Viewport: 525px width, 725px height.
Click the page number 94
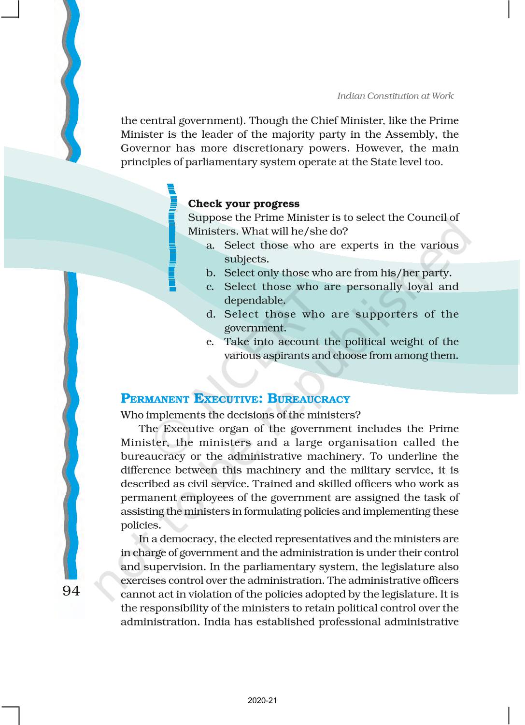coord(71,591)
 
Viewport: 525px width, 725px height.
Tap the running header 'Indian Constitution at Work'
coord(395,96)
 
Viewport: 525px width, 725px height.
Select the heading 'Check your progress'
coord(243,203)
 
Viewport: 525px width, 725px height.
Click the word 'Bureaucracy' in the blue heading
coord(309,399)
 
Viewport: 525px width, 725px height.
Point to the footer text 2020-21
coord(262,700)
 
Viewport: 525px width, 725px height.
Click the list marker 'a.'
coord(211,246)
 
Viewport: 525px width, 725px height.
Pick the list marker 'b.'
coord(211,273)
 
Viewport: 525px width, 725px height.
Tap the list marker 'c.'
coord(210,287)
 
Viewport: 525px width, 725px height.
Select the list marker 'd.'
coord(211,315)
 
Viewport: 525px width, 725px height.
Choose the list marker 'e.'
coord(210,342)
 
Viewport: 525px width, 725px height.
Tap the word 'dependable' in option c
coord(254,301)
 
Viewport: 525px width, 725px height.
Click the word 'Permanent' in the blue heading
coord(155,399)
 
